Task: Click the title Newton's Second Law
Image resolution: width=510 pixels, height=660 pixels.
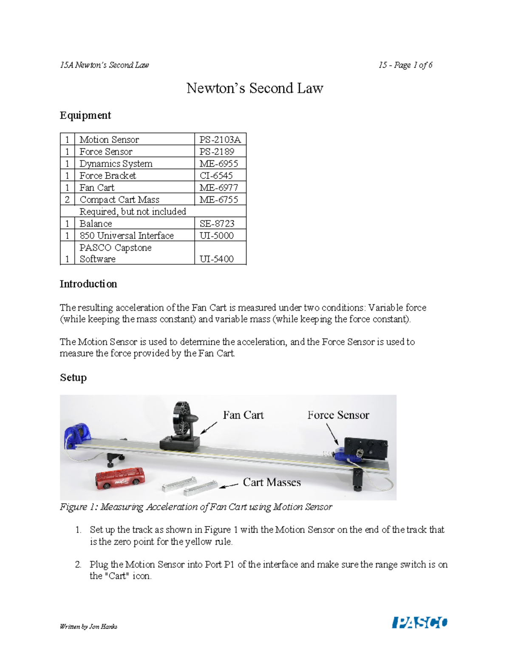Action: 255,88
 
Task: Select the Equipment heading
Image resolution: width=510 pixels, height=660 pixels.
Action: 85,115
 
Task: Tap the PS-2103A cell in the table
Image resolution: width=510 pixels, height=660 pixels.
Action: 220,139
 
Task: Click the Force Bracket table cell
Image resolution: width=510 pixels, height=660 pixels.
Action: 108,176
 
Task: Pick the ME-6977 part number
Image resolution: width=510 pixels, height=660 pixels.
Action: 218,187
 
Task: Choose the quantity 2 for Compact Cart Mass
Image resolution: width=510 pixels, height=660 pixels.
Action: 67,199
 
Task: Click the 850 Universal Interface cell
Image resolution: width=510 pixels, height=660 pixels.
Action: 126,235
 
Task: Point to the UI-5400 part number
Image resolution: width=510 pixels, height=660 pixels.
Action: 216,259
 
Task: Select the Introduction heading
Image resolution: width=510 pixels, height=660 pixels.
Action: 88,284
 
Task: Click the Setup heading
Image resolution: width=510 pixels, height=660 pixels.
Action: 73,377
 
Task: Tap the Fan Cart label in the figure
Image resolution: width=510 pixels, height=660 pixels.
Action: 243,415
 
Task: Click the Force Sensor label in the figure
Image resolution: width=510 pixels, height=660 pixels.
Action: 338,415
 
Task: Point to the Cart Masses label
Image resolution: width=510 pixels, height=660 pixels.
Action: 272,482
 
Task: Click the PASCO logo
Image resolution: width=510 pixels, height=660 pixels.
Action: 419,623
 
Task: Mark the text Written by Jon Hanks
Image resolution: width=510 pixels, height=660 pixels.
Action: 88,626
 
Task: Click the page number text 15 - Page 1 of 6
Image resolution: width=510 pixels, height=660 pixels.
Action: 405,65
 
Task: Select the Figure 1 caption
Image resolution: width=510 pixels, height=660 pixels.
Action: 196,507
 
